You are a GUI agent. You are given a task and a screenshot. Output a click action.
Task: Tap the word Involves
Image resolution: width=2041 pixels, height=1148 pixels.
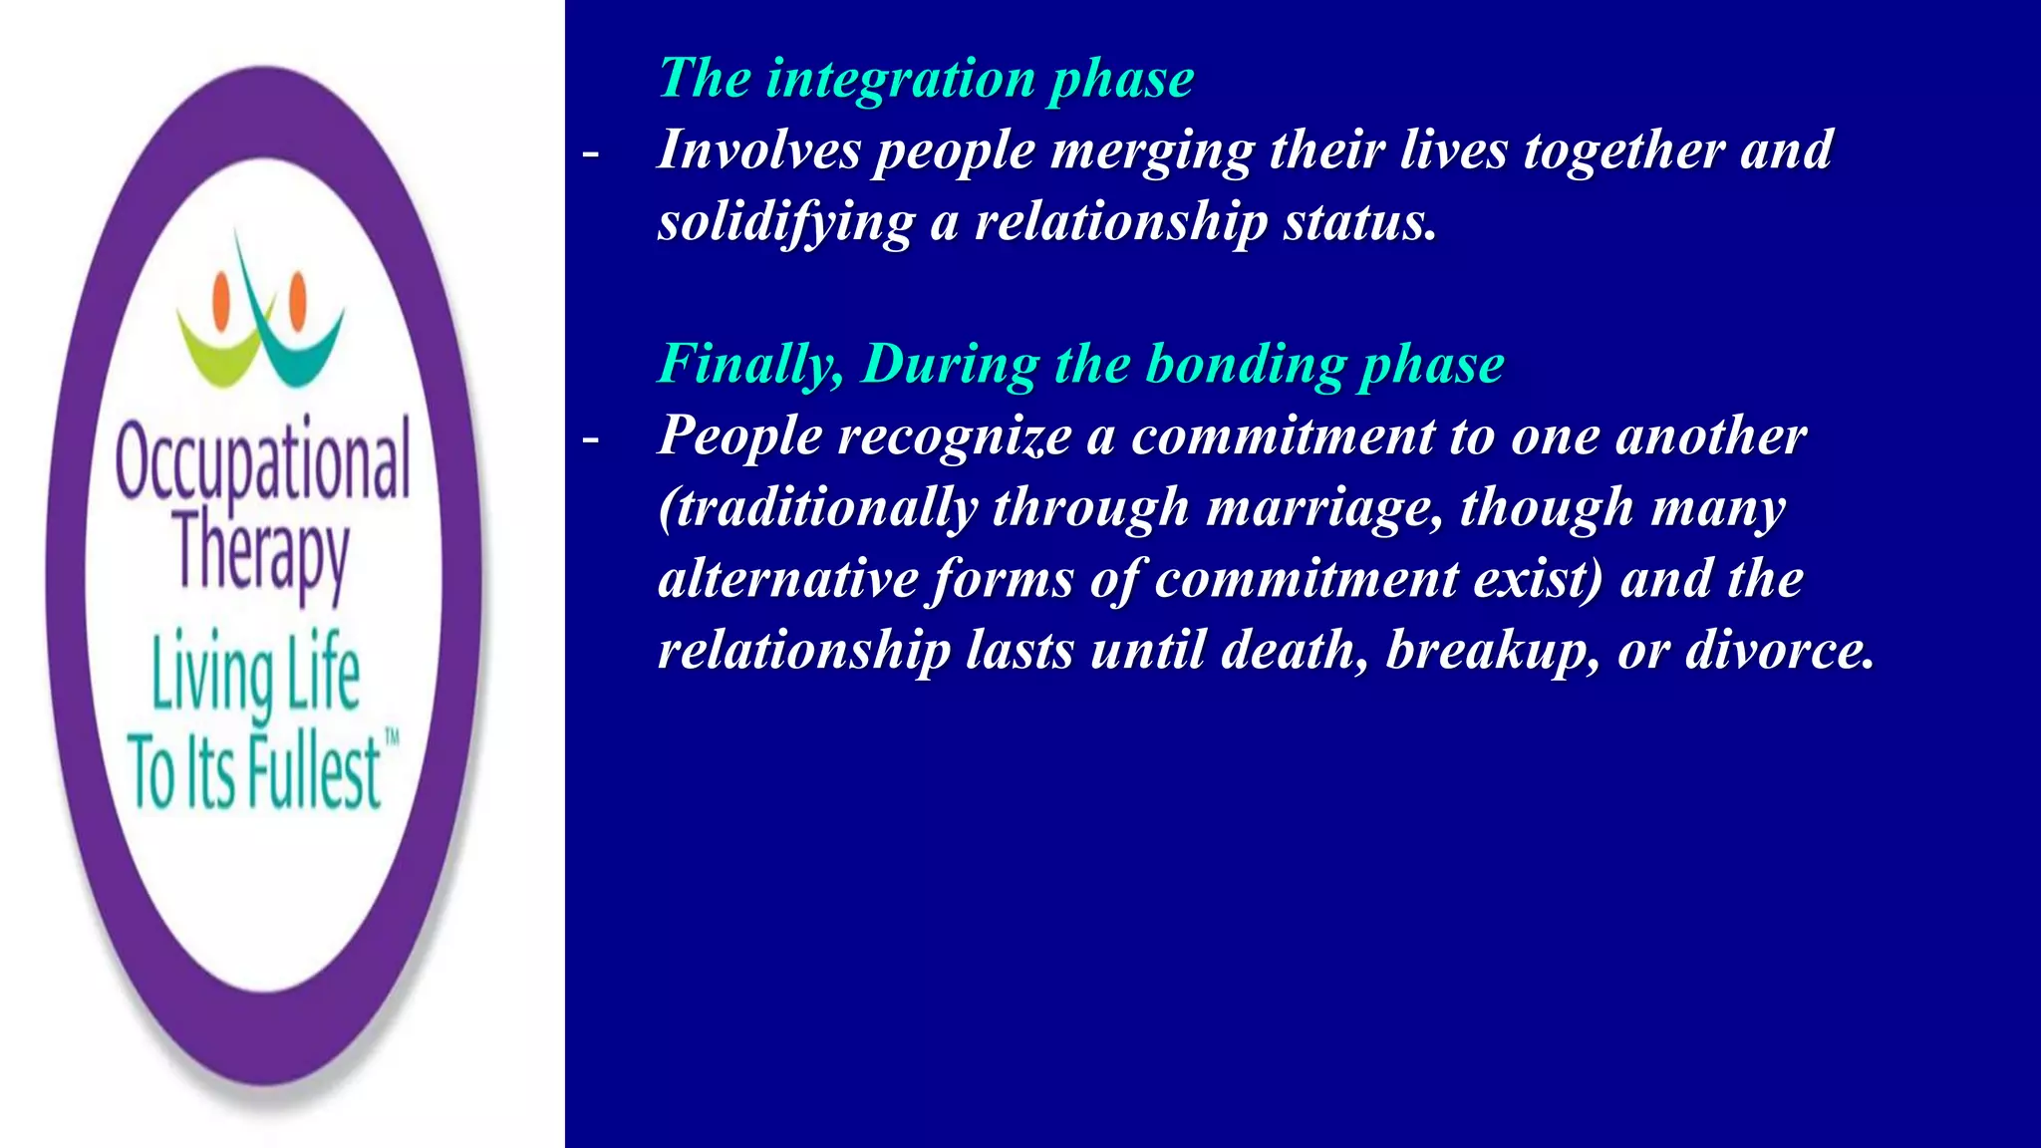click(x=758, y=150)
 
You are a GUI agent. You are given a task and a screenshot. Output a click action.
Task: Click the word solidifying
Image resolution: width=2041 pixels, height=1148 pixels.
click(x=785, y=223)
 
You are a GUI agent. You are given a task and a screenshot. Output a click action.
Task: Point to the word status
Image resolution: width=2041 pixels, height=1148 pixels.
click(x=1359, y=221)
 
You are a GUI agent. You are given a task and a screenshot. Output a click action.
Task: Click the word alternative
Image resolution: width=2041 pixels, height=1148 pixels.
click(x=787, y=579)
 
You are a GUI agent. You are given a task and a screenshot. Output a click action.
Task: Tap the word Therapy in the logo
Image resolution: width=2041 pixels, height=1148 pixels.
click(x=261, y=554)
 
